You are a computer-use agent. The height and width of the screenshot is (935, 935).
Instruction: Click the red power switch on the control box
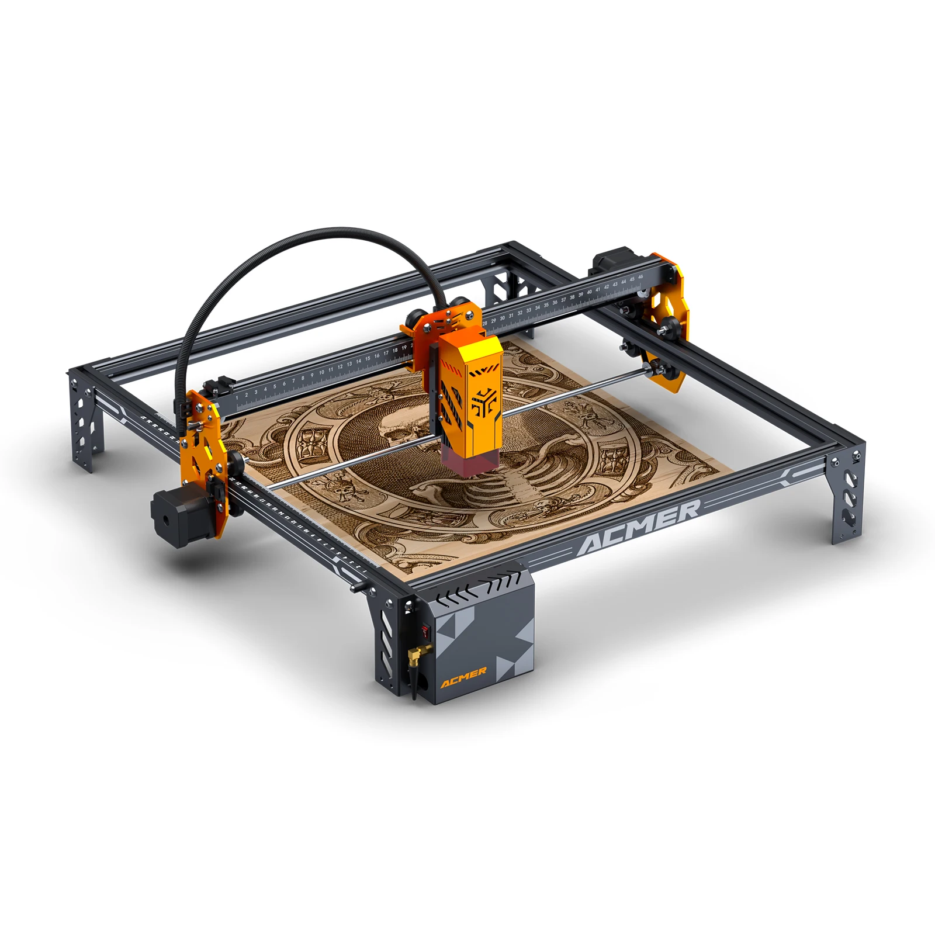pyautogui.click(x=425, y=630)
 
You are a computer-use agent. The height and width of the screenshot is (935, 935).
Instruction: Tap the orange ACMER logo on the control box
pyautogui.click(x=463, y=677)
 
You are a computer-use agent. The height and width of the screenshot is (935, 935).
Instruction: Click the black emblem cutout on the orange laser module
pyautogui.click(x=483, y=401)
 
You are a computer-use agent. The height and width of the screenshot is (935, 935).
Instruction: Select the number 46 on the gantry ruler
pyautogui.click(x=640, y=277)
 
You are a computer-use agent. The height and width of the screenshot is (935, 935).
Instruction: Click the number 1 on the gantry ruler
pyautogui.click(x=237, y=397)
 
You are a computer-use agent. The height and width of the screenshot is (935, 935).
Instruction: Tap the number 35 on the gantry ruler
pyautogui.click(x=546, y=305)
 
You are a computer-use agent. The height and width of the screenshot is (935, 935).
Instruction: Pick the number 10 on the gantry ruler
pyautogui.click(x=321, y=372)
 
